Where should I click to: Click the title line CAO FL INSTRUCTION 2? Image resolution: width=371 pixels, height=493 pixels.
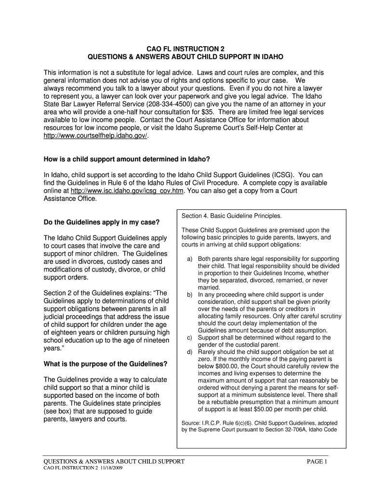[x=185, y=49]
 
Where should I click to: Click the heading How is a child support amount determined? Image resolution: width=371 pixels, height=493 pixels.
[x=127, y=159]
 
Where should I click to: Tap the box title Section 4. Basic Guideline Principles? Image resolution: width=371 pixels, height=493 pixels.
[x=232, y=215]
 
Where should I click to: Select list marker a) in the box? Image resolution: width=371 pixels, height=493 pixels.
[x=190, y=259]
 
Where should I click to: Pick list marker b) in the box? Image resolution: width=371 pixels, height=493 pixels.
[x=190, y=295]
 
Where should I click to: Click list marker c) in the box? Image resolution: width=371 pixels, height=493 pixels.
[x=190, y=337]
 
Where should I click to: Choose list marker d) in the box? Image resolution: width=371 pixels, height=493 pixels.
[x=190, y=352]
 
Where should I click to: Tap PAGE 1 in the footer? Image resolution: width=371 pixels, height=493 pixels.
[x=317, y=461]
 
